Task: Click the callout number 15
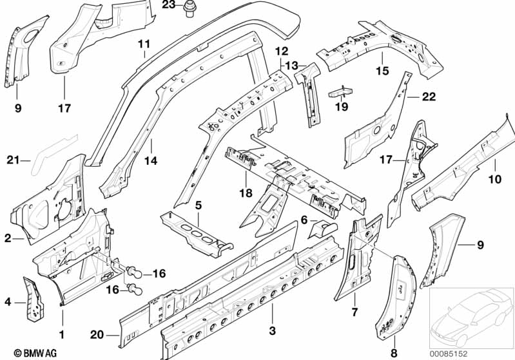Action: pyautogui.click(x=383, y=71)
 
